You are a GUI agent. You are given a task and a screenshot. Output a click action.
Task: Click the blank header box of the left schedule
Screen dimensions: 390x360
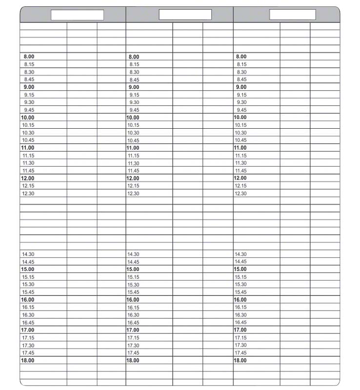point(78,15)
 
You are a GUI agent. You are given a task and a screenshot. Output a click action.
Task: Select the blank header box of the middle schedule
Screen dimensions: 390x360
point(185,15)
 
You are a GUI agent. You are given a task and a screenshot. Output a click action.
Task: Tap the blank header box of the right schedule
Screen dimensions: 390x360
point(293,15)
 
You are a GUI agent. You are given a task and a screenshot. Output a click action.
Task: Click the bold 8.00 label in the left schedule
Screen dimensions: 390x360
point(29,57)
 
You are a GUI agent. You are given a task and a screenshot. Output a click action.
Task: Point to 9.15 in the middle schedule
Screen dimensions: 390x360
point(134,95)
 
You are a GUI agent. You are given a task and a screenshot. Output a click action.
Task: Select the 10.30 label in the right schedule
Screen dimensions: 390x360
point(241,133)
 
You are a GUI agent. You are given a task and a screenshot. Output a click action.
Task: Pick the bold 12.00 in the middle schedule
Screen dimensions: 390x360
point(133,178)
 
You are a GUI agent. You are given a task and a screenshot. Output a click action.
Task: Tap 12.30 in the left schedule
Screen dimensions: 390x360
point(28,194)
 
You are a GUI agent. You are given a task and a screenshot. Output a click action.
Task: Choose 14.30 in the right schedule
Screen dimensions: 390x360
point(241,254)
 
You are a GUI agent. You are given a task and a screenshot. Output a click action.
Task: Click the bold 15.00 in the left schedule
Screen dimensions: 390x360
point(28,269)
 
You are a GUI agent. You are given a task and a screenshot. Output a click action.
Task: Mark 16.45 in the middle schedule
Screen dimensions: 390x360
point(133,323)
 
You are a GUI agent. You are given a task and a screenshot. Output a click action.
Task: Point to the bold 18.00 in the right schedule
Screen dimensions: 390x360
point(240,360)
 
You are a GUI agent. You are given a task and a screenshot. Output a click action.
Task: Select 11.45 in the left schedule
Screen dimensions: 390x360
point(28,171)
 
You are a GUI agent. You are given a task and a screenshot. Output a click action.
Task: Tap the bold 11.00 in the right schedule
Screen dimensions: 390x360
point(240,148)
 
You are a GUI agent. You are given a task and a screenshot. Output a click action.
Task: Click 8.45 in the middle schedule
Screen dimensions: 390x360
point(134,79)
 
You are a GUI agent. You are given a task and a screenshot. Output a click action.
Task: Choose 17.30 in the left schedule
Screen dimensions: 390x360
point(28,345)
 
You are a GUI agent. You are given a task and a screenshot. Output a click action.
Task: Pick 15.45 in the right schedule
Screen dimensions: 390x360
point(241,292)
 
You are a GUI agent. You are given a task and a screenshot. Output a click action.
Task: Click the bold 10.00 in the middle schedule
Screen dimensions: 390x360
point(133,117)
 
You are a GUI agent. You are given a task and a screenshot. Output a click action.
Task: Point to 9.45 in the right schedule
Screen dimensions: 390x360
point(241,110)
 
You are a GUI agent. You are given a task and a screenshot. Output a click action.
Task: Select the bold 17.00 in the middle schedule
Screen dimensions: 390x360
point(133,330)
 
